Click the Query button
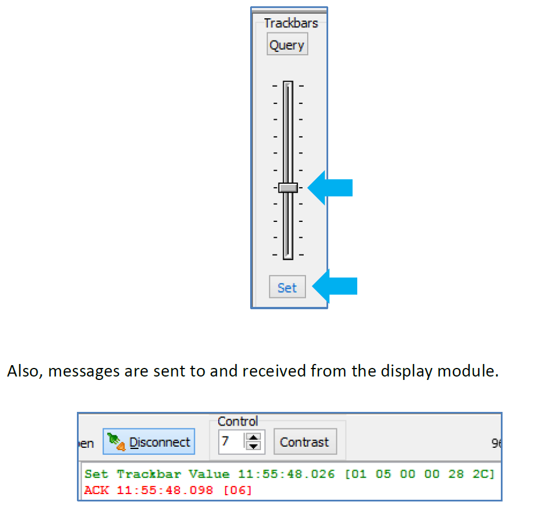[x=287, y=44]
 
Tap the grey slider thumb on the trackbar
[x=288, y=188]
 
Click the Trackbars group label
[x=291, y=23]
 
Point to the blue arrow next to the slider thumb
[x=330, y=188]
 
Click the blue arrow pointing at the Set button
[x=334, y=286]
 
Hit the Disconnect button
[x=149, y=442]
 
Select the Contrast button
[x=305, y=442]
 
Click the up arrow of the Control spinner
[x=253, y=437]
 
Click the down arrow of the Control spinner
[x=253, y=446]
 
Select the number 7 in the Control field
[x=226, y=441]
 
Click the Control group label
[x=238, y=422]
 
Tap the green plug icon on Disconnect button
[x=116, y=442]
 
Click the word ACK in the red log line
[x=96, y=490]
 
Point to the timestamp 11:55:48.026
[x=287, y=474]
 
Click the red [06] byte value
[x=238, y=490]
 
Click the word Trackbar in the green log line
[x=149, y=474]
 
